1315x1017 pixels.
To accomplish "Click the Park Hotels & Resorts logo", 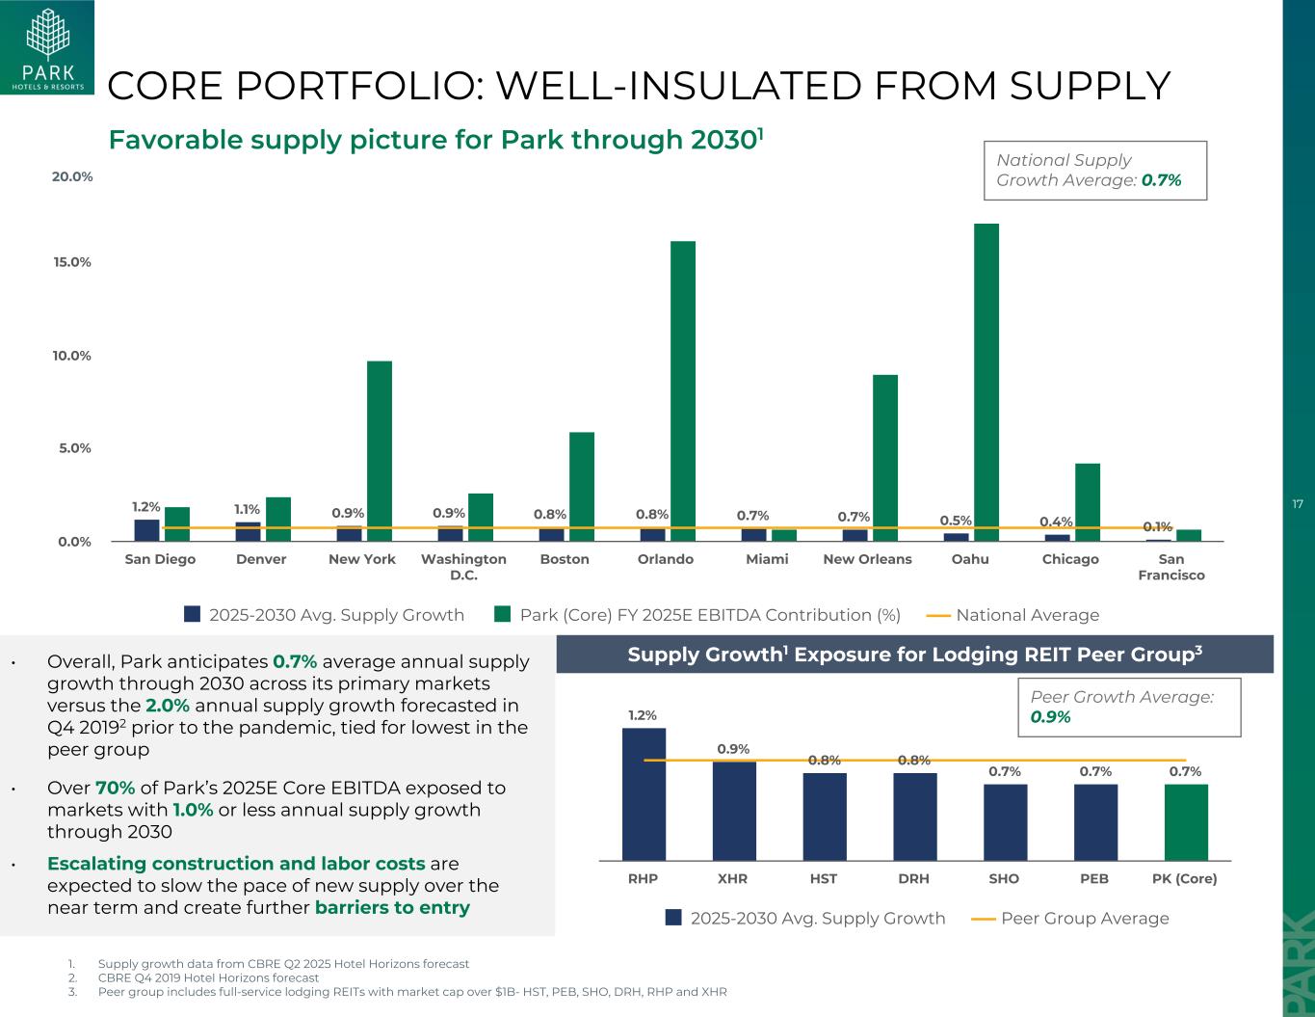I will (x=47, y=48).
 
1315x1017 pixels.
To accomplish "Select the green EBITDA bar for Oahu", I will (x=986, y=382).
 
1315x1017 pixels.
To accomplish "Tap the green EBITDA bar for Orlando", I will (x=682, y=390).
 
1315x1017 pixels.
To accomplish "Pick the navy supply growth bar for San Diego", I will (x=146, y=530).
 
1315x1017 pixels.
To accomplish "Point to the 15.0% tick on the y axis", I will (x=72, y=262).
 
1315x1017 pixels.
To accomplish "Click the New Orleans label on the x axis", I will (x=867, y=559).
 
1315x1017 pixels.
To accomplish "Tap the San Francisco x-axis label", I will (x=1170, y=567).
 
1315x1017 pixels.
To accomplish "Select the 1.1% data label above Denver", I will (x=247, y=509).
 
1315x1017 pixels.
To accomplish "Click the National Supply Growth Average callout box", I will (x=1094, y=171).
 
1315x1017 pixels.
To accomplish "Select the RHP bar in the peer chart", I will (x=644, y=793).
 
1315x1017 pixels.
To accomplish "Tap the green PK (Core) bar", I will (x=1185, y=821).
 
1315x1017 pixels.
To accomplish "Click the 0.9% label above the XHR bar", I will (x=733, y=749).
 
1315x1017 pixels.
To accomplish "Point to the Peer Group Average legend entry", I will (x=1070, y=918).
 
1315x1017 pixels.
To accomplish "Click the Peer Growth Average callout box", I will (x=1128, y=707).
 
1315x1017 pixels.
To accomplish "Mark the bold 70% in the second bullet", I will (x=115, y=789).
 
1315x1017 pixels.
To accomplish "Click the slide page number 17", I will (x=1298, y=504).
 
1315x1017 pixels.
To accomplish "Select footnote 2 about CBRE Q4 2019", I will (x=208, y=977).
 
